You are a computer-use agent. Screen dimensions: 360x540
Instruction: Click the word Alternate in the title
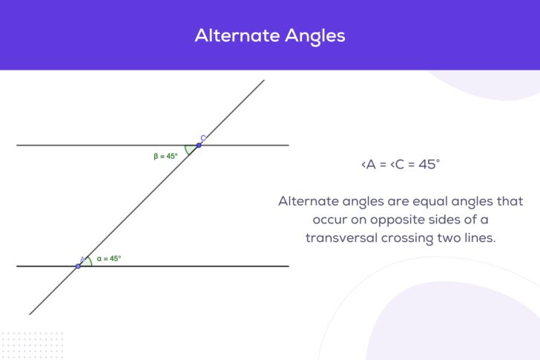pos(231,36)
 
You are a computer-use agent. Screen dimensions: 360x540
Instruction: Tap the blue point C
pos(199,145)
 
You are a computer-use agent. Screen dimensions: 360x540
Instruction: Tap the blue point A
pos(78,265)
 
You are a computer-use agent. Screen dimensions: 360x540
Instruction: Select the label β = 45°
pos(165,157)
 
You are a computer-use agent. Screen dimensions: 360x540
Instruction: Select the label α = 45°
pos(108,259)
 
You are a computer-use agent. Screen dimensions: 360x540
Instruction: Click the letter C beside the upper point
pos(203,138)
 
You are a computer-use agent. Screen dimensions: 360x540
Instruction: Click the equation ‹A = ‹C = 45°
pos(400,165)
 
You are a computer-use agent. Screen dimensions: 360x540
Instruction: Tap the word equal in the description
pos(427,202)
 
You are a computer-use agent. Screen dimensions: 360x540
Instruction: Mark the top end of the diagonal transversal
pos(264,80)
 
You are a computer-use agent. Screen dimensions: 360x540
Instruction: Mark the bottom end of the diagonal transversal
pos(30,314)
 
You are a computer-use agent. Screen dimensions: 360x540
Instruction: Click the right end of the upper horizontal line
pos(288,145)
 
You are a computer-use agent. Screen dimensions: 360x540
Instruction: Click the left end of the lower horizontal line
pos(17,266)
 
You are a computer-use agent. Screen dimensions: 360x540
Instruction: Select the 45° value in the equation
pos(429,165)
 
